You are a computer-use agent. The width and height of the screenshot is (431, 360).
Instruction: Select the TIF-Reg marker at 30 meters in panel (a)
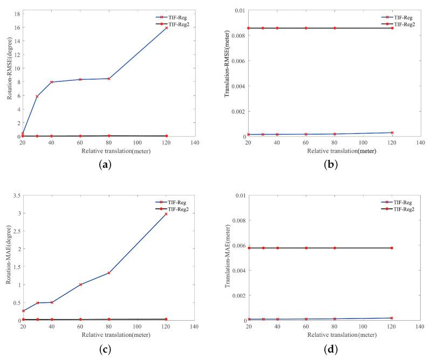[37, 96]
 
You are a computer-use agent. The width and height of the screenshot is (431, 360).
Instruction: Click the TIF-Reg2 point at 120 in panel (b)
[392, 28]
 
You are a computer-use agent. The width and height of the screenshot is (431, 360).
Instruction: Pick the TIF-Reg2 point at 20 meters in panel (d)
[249, 248]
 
